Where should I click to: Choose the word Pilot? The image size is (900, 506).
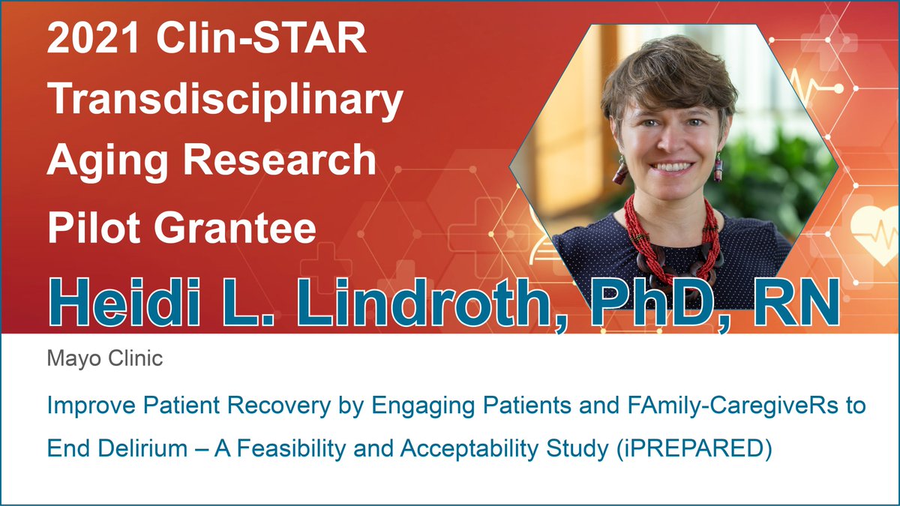pos(94,227)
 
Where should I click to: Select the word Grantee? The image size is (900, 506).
pos(235,227)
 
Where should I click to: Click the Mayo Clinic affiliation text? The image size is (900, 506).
pos(105,358)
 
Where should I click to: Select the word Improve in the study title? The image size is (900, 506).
pos(91,406)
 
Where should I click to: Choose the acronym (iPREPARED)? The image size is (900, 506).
pos(694,448)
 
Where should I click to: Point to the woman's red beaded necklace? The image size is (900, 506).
pos(672,241)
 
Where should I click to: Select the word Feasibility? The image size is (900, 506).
pos(291,448)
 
